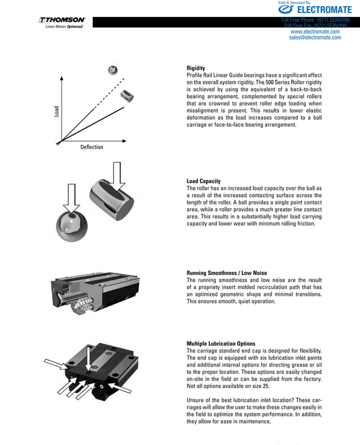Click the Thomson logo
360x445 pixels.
pos(62,20)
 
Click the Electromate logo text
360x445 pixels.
pos(315,10)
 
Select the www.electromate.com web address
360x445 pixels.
pos(315,32)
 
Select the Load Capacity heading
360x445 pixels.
pos(203,181)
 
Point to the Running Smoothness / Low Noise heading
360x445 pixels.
pos(226,273)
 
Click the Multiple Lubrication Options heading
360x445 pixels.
pos(221,343)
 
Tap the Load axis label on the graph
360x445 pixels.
pos(56,112)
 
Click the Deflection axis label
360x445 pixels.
pos(91,147)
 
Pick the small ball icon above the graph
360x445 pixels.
pos(113,70)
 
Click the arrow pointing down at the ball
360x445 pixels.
pos(72,198)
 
